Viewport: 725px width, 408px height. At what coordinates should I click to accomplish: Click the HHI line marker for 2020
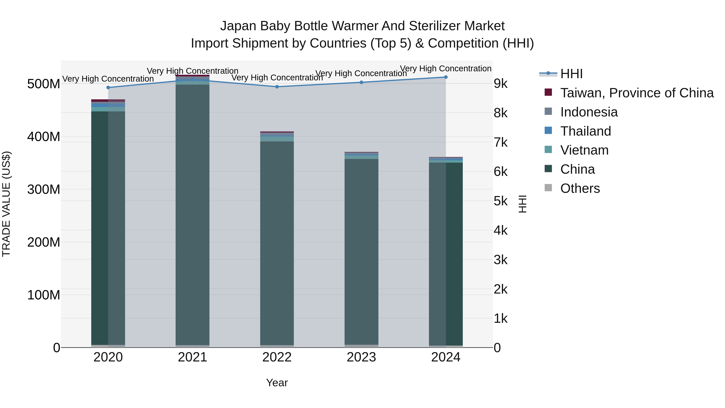pos(108,88)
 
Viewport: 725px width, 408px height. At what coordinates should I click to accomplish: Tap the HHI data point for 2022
pos(277,87)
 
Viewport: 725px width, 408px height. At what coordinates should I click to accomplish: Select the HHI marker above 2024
pos(446,77)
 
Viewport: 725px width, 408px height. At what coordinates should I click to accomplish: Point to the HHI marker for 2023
pos(361,82)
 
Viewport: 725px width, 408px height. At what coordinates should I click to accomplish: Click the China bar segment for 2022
pos(277,242)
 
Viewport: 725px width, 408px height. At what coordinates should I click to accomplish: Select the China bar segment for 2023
pos(361,251)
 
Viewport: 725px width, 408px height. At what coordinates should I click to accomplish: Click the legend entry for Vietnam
pos(584,150)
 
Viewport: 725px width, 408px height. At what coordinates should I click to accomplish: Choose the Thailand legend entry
pos(585,131)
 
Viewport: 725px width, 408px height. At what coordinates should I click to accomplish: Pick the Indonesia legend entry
pos(589,112)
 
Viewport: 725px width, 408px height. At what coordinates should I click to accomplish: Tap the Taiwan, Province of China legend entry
pos(637,93)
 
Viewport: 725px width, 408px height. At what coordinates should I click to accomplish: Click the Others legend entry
pos(580,188)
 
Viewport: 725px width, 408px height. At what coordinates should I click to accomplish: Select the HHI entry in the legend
pos(571,74)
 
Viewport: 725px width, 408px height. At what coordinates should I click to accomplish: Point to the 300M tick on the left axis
pos(44,190)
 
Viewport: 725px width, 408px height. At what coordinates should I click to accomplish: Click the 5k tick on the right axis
pos(500,201)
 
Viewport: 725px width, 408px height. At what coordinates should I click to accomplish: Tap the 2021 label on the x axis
pos(193,357)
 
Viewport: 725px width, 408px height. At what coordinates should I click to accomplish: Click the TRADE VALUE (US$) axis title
pos(6,204)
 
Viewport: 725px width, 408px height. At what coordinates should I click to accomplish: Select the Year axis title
pos(277,383)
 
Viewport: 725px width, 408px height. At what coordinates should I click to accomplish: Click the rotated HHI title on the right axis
pos(522,204)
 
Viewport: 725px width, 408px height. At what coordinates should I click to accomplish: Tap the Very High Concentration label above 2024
pos(446,69)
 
